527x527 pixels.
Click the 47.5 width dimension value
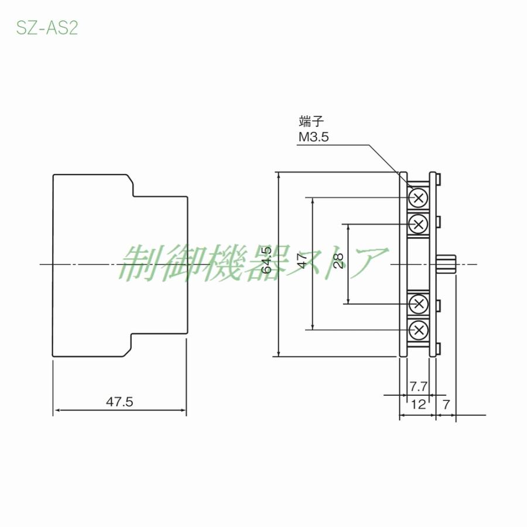[120, 402]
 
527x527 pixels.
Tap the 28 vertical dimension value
[338, 261]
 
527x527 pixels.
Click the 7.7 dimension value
[418, 387]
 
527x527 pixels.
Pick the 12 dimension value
[418, 403]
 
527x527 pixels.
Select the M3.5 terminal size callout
[313, 137]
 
